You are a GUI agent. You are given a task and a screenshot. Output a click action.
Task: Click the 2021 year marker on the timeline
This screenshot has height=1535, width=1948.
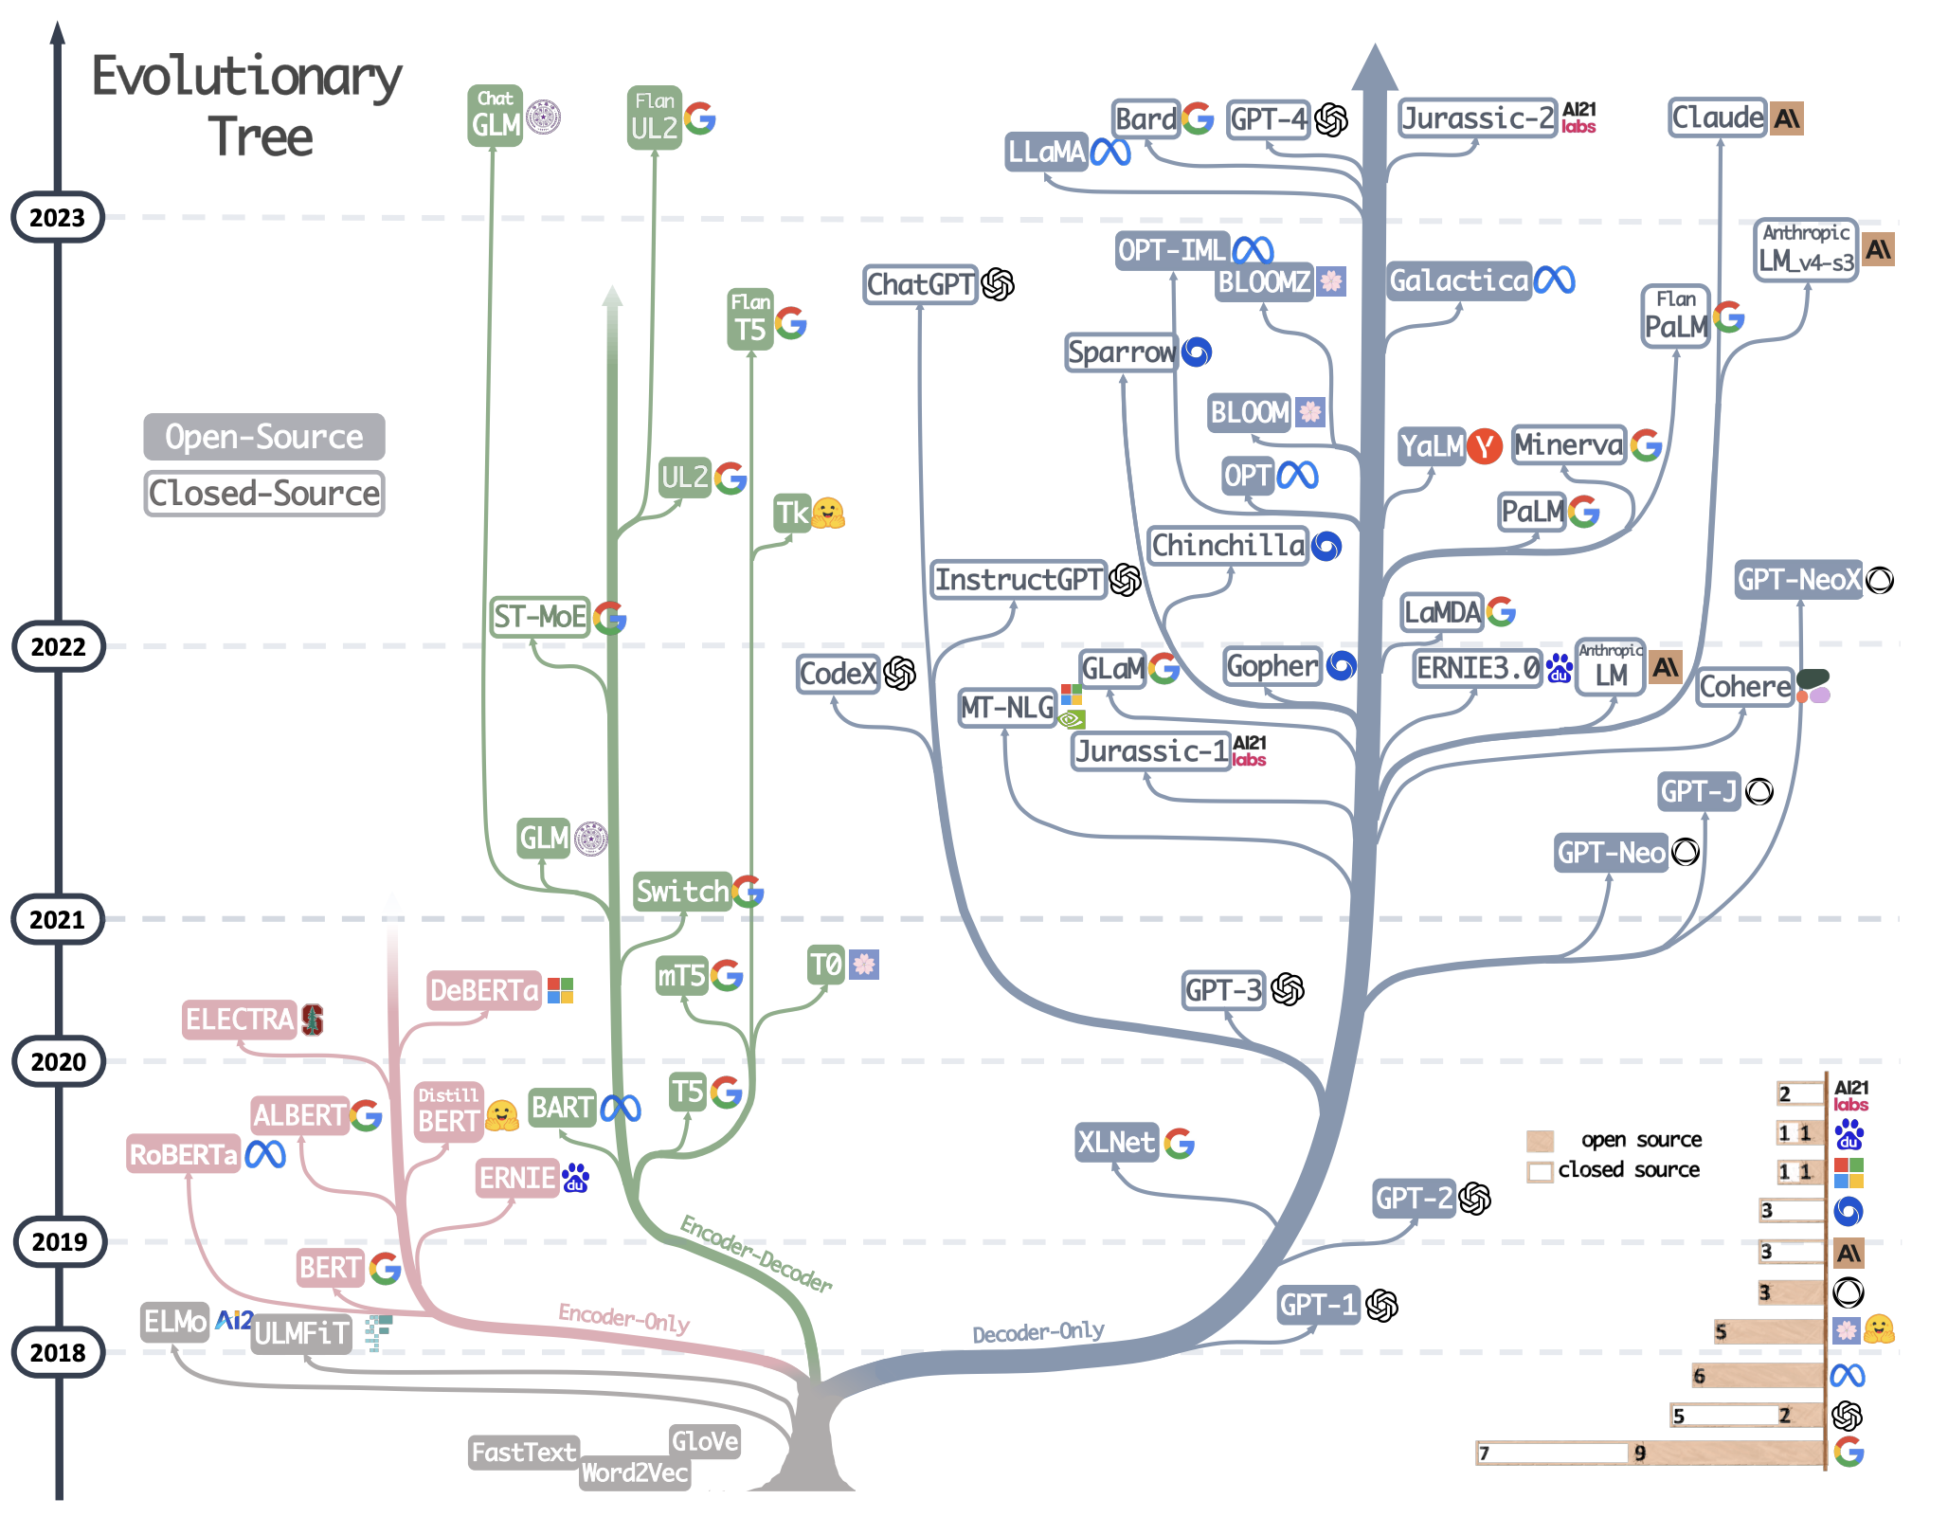pos(57,919)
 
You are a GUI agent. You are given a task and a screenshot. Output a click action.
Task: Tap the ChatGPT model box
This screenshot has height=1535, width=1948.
pos(920,284)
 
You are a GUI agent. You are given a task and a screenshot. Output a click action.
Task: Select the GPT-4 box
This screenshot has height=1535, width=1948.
pos(1268,119)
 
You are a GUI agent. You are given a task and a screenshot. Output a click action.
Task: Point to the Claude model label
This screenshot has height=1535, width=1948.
pos(1717,118)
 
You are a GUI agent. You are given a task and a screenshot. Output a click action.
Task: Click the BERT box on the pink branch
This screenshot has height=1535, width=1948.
pos(330,1267)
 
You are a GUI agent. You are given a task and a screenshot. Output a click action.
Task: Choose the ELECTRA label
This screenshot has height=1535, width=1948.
pos(239,1020)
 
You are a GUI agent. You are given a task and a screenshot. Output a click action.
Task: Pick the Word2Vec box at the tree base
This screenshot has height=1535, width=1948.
pos(635,1472)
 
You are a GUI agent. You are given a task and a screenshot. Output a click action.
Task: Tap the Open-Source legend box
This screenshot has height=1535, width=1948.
pos(263,437)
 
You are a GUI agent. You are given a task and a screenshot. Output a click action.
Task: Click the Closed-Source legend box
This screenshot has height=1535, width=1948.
pos(263,494)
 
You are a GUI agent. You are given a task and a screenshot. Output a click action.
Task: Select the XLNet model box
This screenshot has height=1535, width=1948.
pos(1116,1143)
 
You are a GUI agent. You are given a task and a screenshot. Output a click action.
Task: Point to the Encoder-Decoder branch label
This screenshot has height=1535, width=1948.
pos(756,1253)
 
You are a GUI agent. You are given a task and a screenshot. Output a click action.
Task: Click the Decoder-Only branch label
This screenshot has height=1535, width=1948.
pos(1037,1332)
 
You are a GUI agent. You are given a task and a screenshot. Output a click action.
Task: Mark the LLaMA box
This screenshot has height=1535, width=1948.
pos(1046,152)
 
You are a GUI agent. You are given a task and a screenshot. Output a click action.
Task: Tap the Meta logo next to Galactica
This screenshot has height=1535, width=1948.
pos(1555,280)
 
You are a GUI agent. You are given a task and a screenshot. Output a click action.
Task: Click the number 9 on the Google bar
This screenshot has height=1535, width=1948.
pos(1640,1453)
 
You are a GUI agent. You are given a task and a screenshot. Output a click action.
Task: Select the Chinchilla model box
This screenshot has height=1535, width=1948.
pos(1228,546)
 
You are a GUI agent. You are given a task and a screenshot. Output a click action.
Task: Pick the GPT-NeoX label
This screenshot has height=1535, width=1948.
pos(1798,580)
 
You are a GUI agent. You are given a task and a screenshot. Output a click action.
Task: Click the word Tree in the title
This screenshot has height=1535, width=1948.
pos(261,138)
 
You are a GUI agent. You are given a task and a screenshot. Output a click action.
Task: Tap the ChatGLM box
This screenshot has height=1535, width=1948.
pos(495,116)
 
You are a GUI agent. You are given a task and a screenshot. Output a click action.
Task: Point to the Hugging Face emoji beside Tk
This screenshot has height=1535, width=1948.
pos(828,514)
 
